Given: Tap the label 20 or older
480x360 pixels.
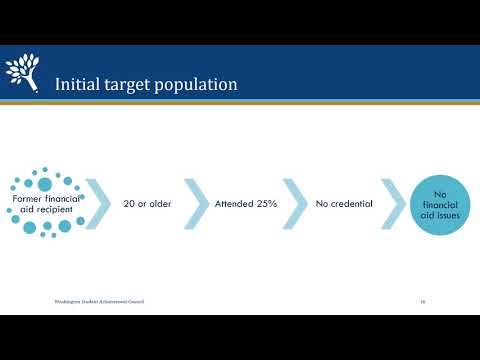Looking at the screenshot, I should pyautogui.click(x=142, y=204).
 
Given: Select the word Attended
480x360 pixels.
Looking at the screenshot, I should pyautogui.click(x=233, y=204).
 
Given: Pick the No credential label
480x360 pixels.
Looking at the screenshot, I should pyautogui.click(x=344, y=204).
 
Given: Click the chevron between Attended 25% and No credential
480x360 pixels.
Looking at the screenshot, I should pyautogui.click(x=294, y=204).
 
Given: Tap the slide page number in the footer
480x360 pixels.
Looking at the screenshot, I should pyautogui.click(x=423, y=301).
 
